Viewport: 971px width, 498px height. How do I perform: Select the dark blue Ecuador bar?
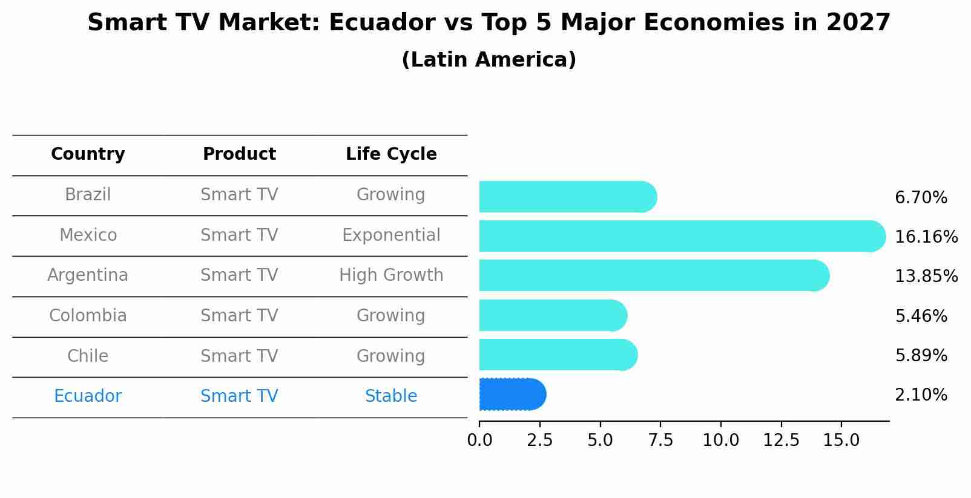point(512,395)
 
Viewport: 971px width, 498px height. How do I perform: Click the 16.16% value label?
point(926,237)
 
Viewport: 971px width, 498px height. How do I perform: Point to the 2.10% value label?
point(921,395)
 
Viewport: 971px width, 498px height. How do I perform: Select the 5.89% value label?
point(921,356)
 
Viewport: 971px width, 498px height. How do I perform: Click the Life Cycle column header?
point(391,154)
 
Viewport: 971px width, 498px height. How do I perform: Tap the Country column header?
point(88,154)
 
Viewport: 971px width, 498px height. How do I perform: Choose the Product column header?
point(239,154)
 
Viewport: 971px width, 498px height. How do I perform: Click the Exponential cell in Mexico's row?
point(391,235)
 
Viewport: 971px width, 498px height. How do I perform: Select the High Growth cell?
point(391,275)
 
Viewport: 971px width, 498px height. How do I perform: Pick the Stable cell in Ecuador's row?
point(391,396)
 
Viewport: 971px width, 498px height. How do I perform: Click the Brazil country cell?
point(88,195)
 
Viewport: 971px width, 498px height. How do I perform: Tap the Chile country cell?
point(88,356)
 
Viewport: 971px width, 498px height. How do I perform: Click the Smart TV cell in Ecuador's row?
point(239,396)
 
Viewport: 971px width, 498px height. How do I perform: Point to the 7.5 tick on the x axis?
point(660,440)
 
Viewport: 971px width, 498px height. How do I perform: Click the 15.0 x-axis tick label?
point(841,440)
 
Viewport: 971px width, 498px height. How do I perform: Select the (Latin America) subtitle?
point(489,60)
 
